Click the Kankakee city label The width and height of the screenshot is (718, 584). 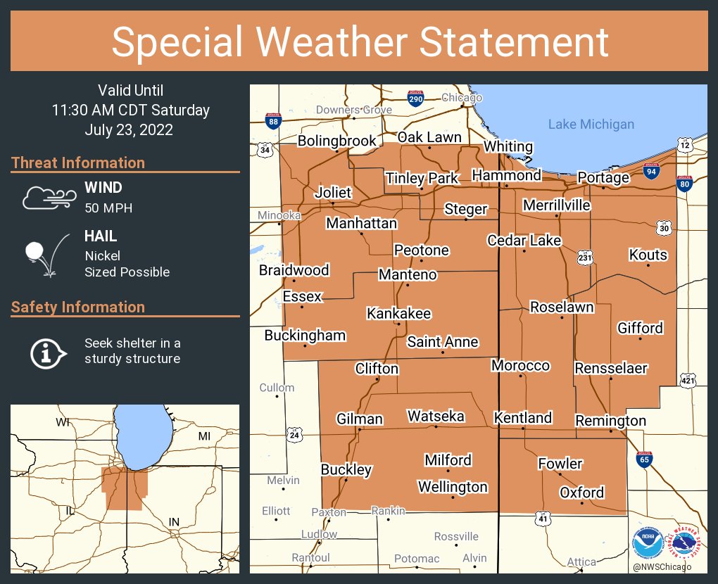pyautogui.click(x=398, y=314)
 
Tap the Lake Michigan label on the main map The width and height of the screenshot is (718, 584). pyautogui.click(x=591, y=125)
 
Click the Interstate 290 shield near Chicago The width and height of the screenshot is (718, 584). pyautogui.click(x=415, y=99)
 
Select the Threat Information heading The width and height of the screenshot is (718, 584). pyautogui.click(x=78, y=163)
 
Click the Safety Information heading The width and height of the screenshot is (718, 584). pyautogui.click(x=78, y=307)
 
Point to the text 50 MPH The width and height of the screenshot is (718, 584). pyautogui.click(x=108, y=208)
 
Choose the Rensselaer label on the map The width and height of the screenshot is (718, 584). pyautogui.click(x=610, y=368)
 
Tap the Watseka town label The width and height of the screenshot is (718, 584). pyautogui.click(x=436, y=417)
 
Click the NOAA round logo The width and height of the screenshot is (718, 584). pyautogui.click(x=648, y=543)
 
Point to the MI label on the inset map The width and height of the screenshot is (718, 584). pyautogui.click(x=204, y=436)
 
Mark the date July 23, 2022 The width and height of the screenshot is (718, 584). pyautogui.click(x=129, y=130)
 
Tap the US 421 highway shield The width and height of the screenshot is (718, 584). pyautogui.click(x=689, y=381)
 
